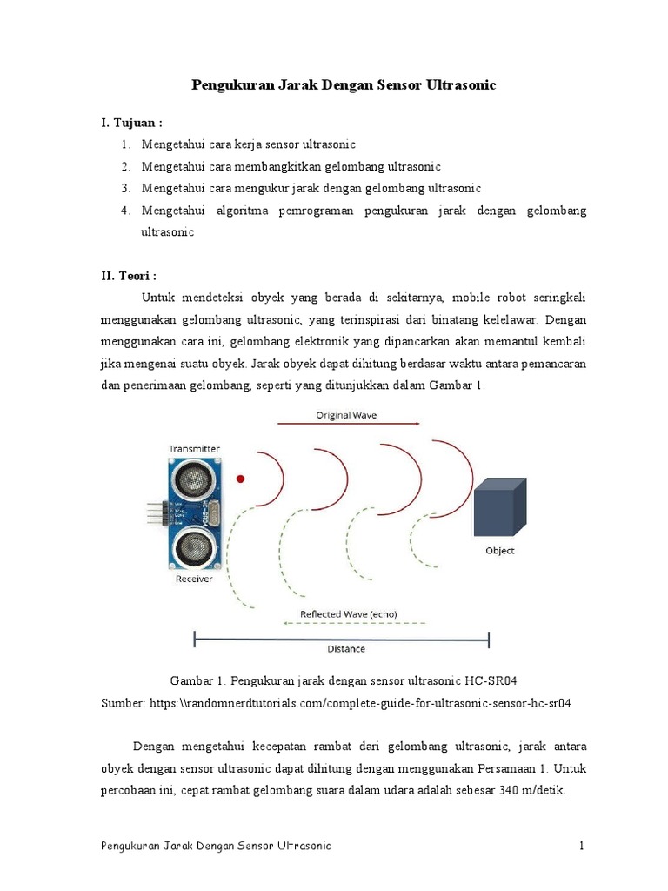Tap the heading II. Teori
[129, 276]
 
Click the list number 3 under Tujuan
[125, 188]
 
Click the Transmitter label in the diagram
[194, 449]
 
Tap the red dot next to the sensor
[241, 479]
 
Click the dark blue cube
[499, 506]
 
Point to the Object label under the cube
[500, 551]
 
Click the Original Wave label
[348, 415]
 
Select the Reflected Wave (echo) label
[348, 613]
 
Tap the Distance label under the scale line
[346, 649]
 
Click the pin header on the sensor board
[156, 513]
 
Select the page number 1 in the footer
[582, 846]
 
